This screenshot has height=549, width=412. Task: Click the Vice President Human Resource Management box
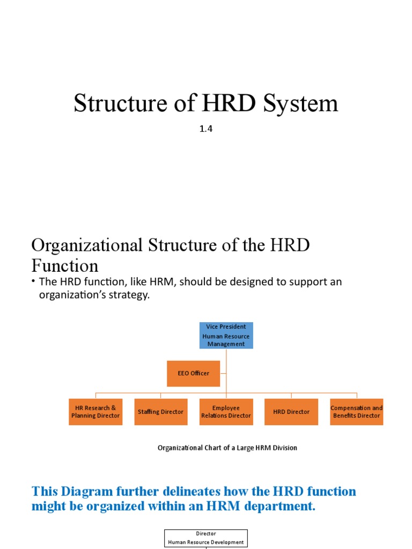(x=226, y=335)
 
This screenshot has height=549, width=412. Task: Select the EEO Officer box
(x=194, y=373)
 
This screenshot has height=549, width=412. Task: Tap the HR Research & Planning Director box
(x=95, y=412)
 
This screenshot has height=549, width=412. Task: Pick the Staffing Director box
(x=161, y=412)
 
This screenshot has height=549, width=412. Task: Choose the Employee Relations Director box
(x=226, y=412)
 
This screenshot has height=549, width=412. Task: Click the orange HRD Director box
(x=291, y=412)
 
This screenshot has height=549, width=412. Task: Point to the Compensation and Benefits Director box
(x=357, y=412)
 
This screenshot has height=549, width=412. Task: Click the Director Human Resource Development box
(x=206, y=538)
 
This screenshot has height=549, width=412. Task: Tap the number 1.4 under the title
(x=206, y=129)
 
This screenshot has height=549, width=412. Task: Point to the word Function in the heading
(x=65, y=266)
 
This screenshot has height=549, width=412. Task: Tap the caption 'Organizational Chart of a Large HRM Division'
(x=227, y=448)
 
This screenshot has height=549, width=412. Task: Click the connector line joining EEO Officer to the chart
(x=223, y=373)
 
